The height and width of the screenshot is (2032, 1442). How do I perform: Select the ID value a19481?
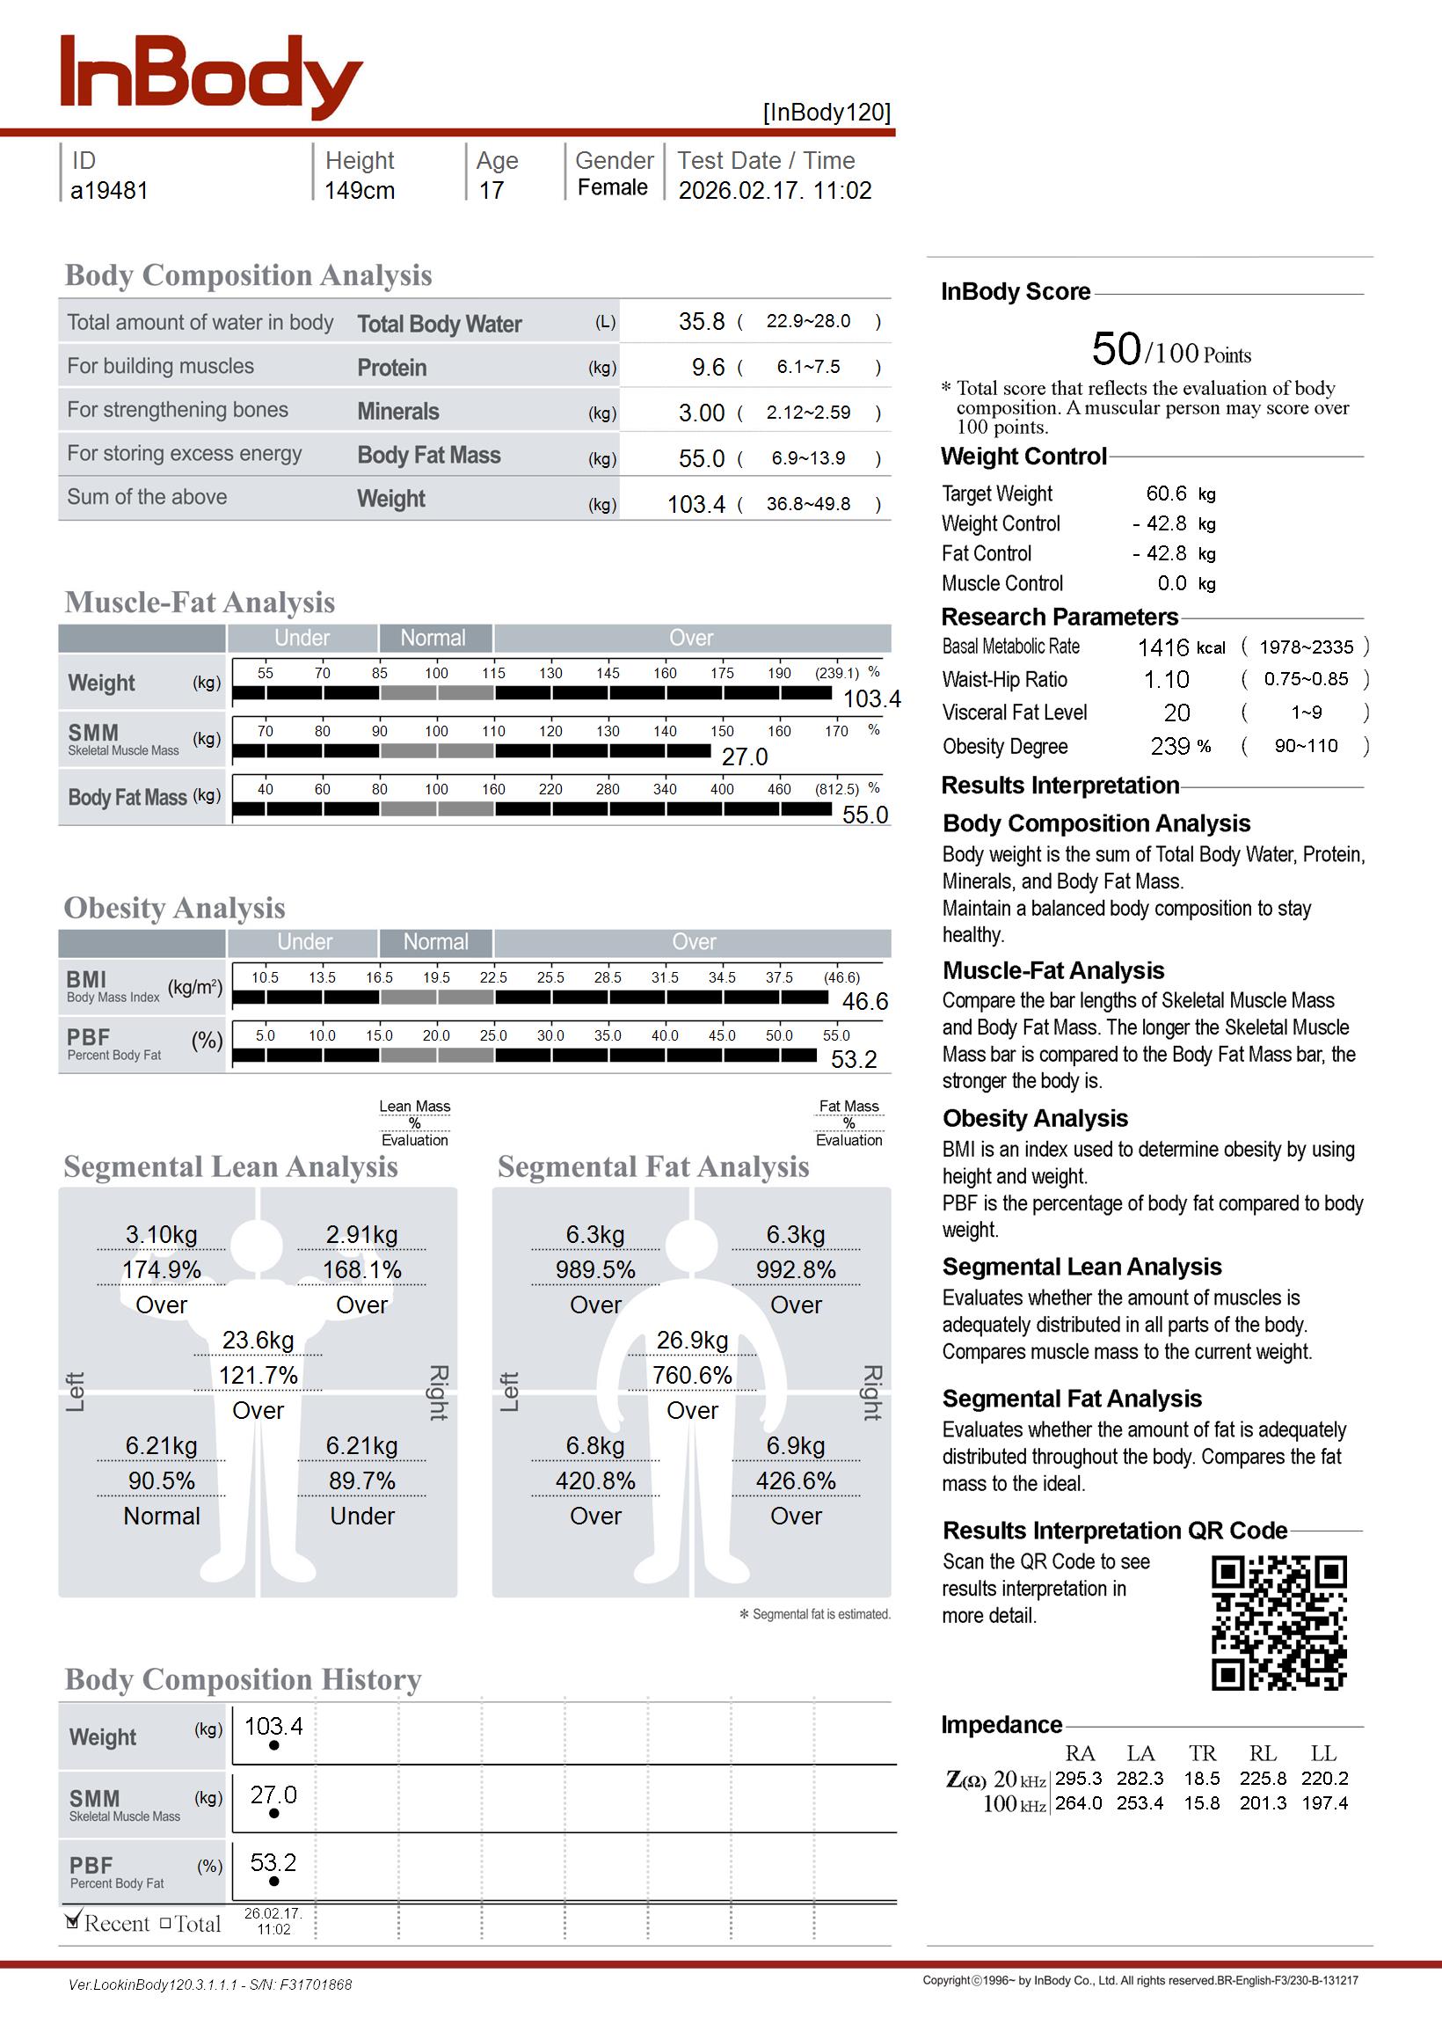click(x=109, y=191)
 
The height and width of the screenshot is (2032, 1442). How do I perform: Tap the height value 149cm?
click(x=359, y=191)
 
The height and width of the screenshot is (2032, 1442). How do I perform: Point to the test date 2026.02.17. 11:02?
click(x=775, y=191)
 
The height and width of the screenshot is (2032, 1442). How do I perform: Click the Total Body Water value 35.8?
click(x=702, y=321)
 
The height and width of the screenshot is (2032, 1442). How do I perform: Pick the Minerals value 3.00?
click(x=702, y=413)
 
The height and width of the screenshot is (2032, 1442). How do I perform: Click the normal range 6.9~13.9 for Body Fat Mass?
click(x=808, y=458)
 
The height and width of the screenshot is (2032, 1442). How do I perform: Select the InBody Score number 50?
click(x=1116, y=349)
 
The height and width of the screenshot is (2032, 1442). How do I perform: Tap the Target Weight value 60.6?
click(x=1166, y=493)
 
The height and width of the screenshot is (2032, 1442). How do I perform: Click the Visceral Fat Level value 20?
click(x=1176, y=713)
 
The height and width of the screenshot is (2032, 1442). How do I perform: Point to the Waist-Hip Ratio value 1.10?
click(x=1166, y=680)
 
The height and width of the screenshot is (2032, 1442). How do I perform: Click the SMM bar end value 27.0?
click(x=744, y=757)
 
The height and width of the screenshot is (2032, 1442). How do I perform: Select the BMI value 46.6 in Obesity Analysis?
click(x=865, y=1002)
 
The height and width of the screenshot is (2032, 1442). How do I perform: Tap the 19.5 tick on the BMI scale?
click(x=436, y=978)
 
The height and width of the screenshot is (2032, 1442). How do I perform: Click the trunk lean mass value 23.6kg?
click(x=258, y=1341)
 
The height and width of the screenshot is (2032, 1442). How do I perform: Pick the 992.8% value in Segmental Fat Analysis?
click(x=796, y=1270)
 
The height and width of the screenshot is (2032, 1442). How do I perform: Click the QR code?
click(x=1278, y=1623)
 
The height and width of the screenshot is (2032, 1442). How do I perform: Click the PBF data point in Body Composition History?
click(x=273, y=1881)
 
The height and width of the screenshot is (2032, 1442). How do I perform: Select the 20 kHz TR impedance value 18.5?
click(x=1201, y=1779)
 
